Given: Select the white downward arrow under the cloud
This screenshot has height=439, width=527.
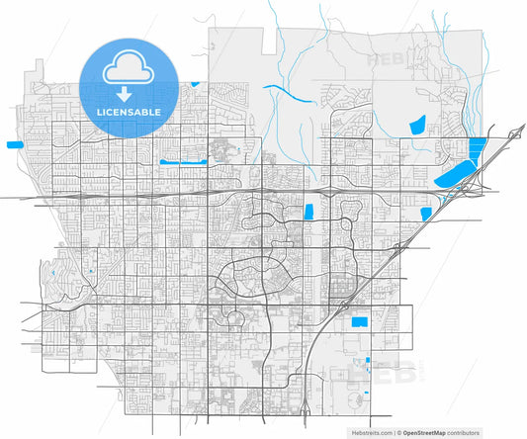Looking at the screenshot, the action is [x=125, y=94].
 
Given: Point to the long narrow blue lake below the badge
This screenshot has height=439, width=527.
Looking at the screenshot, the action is [x=182, y=160].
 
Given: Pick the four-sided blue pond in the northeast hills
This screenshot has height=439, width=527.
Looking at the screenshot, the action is [x=416, y=126].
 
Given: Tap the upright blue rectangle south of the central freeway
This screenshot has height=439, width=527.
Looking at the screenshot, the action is [x=308, y=211].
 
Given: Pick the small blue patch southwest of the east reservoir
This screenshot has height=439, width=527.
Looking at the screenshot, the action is [x=426, y=213].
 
